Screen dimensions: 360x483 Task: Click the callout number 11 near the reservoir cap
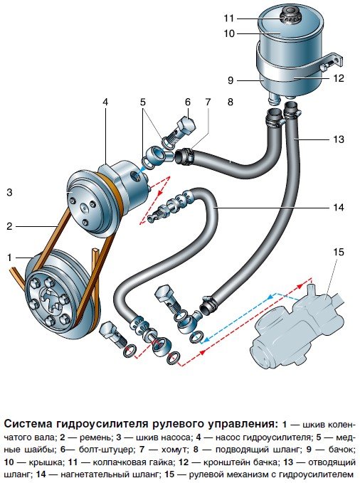pos(229,18)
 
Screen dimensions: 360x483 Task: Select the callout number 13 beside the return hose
pos(338,139)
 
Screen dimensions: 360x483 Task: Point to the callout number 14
pos(338,207)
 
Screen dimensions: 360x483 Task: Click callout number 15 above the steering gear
pos(338,252)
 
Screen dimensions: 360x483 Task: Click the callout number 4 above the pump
pos(105,102)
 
